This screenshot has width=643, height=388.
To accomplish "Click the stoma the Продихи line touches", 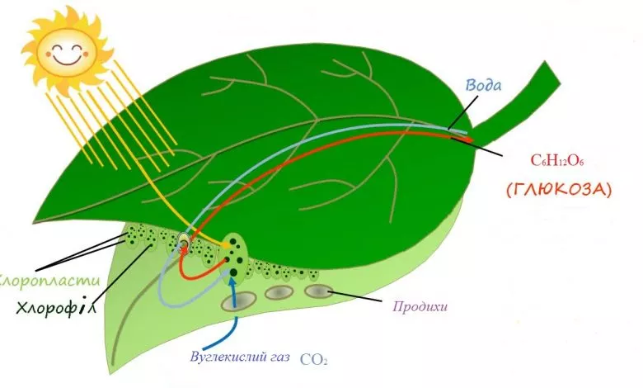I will [x=319, y=291].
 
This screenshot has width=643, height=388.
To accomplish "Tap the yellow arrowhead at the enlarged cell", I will [x=227, y=244].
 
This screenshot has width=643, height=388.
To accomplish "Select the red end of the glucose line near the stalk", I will [x=467, y=139].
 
